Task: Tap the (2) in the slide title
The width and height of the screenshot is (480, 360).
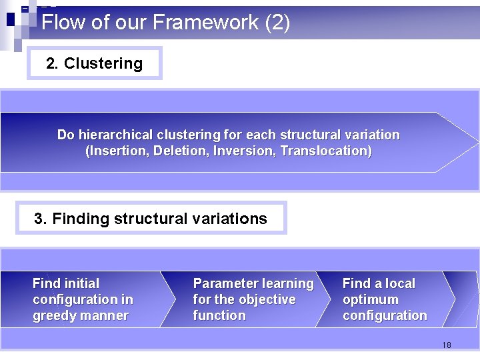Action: (x=277, y=23)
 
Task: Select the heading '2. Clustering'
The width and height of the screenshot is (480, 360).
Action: (x=94, y=63)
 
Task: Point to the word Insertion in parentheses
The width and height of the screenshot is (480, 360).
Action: (x=118, y=151)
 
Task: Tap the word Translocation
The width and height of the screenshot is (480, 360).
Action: (x=325, y=151)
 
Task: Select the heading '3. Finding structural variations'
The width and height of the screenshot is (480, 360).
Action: (x=151, y=218)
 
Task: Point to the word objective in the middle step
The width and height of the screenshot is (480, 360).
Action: (x=268, y=299)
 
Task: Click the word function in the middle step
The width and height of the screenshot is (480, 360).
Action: (x=219, y=315)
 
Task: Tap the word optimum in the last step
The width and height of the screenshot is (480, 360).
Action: (x=370, y=299)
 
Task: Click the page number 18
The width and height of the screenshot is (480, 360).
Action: (x=446, y=345)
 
